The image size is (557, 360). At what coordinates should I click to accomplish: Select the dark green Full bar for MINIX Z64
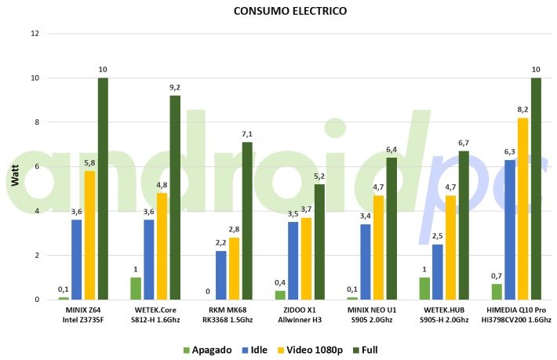tap(103, 188)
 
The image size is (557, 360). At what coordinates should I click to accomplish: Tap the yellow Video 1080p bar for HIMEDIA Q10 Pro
tap(523, 209)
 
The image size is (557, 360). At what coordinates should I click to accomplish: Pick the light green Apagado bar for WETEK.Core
tap(136, 288)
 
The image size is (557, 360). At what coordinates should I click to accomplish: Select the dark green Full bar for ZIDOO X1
tap(319, 242)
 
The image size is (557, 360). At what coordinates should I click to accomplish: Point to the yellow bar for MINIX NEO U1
tap(378, 247)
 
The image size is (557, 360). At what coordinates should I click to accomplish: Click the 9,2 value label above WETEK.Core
tap(175, 87)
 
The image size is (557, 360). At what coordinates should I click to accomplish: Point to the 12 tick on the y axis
tap(34, 34)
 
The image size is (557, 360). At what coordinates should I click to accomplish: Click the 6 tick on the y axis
tap(36, 166)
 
